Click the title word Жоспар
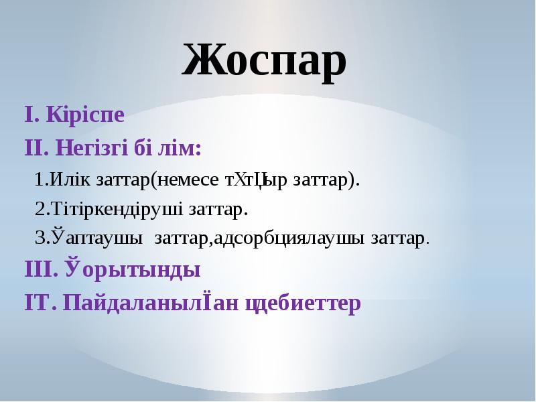(x=264, y=62)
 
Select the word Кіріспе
(x=85, y=115)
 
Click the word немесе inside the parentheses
(x=190, y=180)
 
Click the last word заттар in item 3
(x=399, y=239)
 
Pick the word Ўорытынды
(x=133, y=270)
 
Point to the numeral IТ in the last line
(x=38, y=302)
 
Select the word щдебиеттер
(x=304, y=302)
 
